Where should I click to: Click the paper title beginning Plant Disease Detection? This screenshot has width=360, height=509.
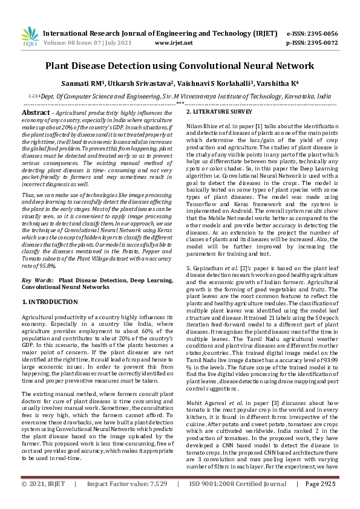[180, 64]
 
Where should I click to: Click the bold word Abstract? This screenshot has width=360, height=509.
[35, 113]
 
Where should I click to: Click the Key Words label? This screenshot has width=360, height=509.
[37, 280]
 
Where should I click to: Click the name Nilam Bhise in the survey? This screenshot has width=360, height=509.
[203, 125]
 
